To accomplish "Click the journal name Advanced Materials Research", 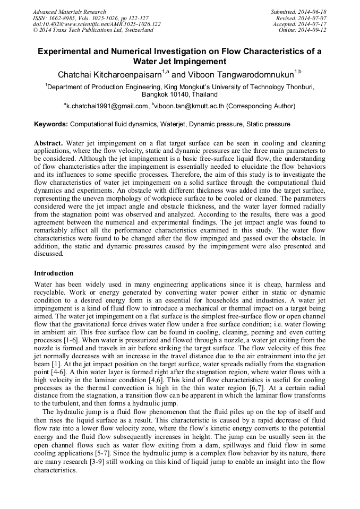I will [x=70, y=12].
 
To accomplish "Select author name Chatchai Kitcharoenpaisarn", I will [x=110, y=73].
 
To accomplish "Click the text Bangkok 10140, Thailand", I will [x=180, y=94].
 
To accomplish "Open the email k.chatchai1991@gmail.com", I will [x=106, y=106].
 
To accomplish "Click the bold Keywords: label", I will [x=51, y=124].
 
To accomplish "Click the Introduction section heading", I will [x=54, y=273].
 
